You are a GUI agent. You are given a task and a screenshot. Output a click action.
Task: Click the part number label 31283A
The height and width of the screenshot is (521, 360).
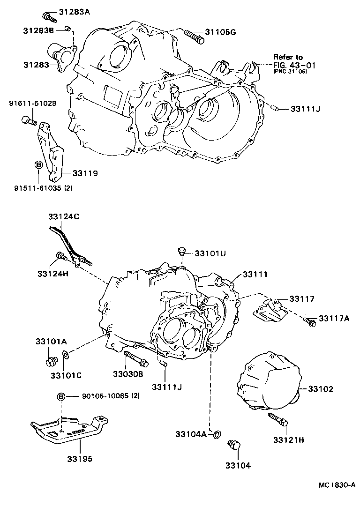point(74,12)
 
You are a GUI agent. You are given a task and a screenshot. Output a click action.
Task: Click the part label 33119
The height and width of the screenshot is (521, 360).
point(85,173)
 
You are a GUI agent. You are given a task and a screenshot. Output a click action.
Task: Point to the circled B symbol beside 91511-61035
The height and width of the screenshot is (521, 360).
point(39,165)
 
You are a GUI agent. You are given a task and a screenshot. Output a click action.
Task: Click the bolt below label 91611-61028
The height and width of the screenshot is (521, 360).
point(29,121)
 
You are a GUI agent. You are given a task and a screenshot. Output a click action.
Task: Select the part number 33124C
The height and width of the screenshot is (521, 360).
point(64,216)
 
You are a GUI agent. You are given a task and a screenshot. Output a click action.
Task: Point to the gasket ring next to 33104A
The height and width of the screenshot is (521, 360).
point(216,434)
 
